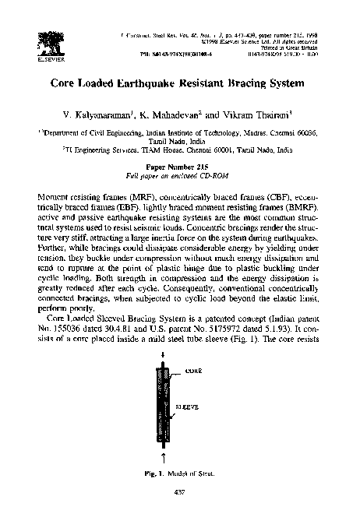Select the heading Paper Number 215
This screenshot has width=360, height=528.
[180, 169]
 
